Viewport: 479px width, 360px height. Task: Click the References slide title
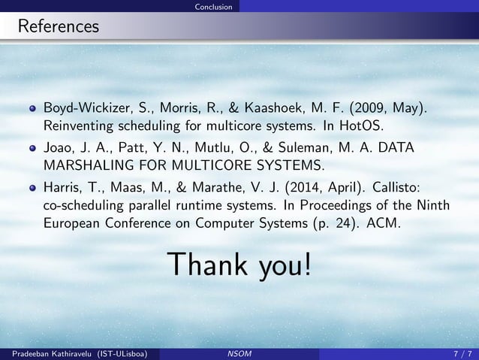[59, 27]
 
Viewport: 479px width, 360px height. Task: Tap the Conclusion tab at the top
[212, 7]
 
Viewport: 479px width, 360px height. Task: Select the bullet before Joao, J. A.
[32, 149]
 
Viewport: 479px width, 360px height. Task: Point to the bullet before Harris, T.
[32, 189]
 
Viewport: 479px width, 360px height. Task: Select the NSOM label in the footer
[239, 353]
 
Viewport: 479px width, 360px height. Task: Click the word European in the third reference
[74, 223]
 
